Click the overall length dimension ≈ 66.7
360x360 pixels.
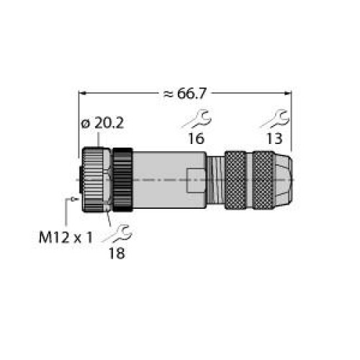click(x=185, y=94)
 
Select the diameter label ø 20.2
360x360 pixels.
click(x=102, y=123)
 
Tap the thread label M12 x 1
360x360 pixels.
click(x=66, y=238)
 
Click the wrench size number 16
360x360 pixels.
click(x=196, y=139)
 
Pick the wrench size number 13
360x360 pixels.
click(x=274, y=139)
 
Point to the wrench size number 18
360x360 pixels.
click(x=117, y=253)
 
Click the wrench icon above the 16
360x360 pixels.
click(x=197, y=119)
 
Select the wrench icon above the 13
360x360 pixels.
click(x=276, y=119)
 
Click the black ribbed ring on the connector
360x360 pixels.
click(x=122, y=180)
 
